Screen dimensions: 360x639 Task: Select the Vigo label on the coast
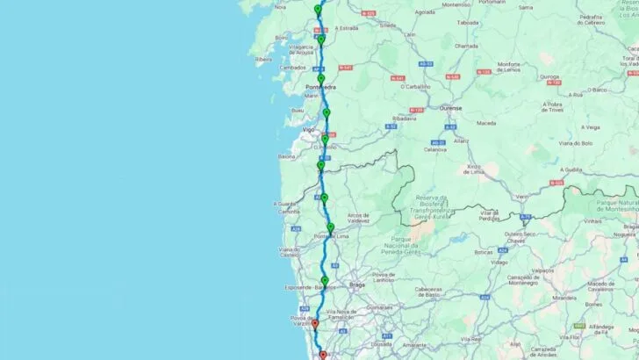point(308,129)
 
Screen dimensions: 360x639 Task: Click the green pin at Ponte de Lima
point(331,228)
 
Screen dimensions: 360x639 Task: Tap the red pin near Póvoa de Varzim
point(315,324)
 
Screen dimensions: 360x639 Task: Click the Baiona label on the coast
point(286,156)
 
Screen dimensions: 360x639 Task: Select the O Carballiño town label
point(416,86)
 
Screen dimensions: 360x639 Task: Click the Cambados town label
point(292,68)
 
